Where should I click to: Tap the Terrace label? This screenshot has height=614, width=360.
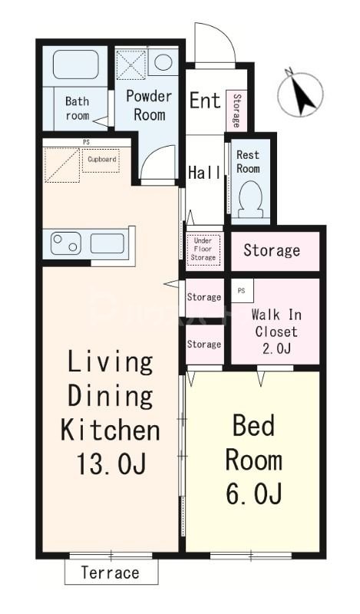(110, 573)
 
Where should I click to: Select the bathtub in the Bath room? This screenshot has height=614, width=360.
(75, 64)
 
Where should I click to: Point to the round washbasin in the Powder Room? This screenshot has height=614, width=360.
(163, 62)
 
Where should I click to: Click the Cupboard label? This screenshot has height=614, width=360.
(102, 160)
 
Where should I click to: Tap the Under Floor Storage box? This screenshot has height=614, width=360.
(203, 249)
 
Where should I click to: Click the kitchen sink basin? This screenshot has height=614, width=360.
(107, 243)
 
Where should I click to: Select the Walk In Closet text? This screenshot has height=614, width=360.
(276, 323)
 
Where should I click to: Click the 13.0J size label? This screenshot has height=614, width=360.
(111, 464)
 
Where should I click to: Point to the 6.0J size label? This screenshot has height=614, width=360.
(253, 493)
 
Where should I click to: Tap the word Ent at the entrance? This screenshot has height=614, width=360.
(205, 101)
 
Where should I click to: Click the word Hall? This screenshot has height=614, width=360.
(204, 172)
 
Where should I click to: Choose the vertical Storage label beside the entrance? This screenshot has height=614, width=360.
(236, 111)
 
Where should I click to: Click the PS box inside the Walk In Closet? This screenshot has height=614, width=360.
(242, 291)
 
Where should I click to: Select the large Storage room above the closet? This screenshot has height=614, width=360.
(275, 251)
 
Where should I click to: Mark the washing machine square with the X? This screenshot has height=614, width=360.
(131, 64)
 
